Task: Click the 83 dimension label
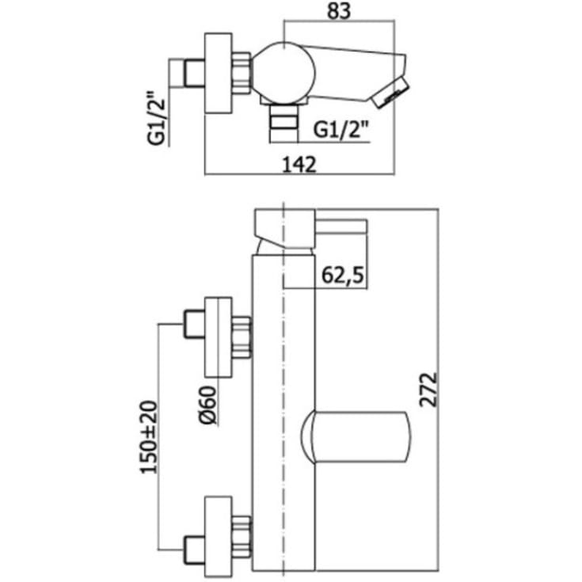tap(339, 11)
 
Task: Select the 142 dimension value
tap(299, 165)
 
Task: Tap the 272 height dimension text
tap(428, 390)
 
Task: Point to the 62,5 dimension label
tap(343, 275)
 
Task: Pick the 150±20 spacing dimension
tap(149, 437)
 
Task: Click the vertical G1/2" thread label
tap(156, 119)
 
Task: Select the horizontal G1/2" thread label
tap(341, 131)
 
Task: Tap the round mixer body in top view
tap(284, 72)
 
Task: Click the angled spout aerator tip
tap(390, 92)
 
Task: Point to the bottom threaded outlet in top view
tap(284, 123)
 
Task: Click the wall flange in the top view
tap(219, 73)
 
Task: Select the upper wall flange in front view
tap(219, 337)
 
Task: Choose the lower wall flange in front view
tap(219, 536)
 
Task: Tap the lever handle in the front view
tap(356, 437)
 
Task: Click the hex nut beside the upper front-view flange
tap(242, 337)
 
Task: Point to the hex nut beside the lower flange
tap(242, 537)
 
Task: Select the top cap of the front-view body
tap(285, 229)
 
